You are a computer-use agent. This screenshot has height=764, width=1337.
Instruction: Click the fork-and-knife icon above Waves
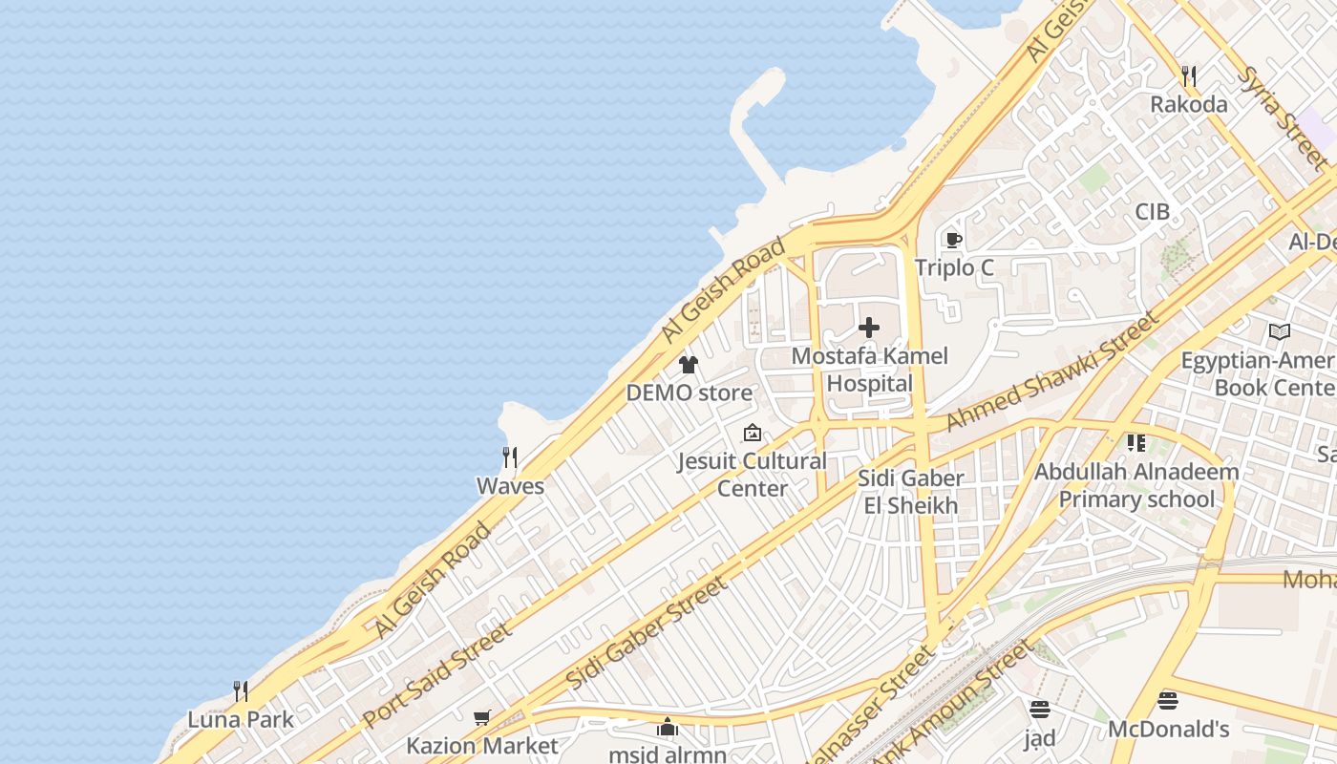point(510,457)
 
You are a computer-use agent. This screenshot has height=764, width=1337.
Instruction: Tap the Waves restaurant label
point(510,486)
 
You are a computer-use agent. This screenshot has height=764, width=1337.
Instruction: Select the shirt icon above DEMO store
point(688,364)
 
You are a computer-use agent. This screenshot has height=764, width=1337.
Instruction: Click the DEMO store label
point(689,393)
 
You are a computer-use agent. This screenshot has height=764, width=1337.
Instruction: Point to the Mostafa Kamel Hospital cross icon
point(869,328)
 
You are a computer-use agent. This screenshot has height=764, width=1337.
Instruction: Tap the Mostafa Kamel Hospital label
point(870,370)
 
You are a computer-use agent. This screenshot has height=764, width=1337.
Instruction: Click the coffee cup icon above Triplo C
point(952,240)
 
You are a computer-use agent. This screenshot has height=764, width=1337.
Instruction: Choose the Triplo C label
point(954,268)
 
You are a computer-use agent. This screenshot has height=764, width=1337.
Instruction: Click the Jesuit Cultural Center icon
point(753,433)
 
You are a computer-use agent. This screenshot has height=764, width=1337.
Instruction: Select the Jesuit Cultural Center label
point(753,475)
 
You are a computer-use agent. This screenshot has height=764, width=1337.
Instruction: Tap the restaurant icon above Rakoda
point(1189,76)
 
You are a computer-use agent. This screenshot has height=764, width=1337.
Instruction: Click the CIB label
point(1152,212)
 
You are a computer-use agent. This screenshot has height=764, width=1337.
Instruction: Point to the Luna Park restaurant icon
point(241,690)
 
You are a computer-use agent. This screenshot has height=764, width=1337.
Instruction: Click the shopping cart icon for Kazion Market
point(482,717)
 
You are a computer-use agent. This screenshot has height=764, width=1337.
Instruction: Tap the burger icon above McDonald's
point(1167,701)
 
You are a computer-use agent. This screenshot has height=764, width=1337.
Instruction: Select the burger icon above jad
point(1040,709)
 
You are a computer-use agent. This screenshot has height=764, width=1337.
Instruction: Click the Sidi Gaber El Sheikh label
point(911,492)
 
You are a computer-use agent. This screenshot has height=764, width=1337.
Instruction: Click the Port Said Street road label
point(436,676)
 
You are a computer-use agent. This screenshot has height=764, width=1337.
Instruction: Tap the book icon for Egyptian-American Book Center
point(1280,331)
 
